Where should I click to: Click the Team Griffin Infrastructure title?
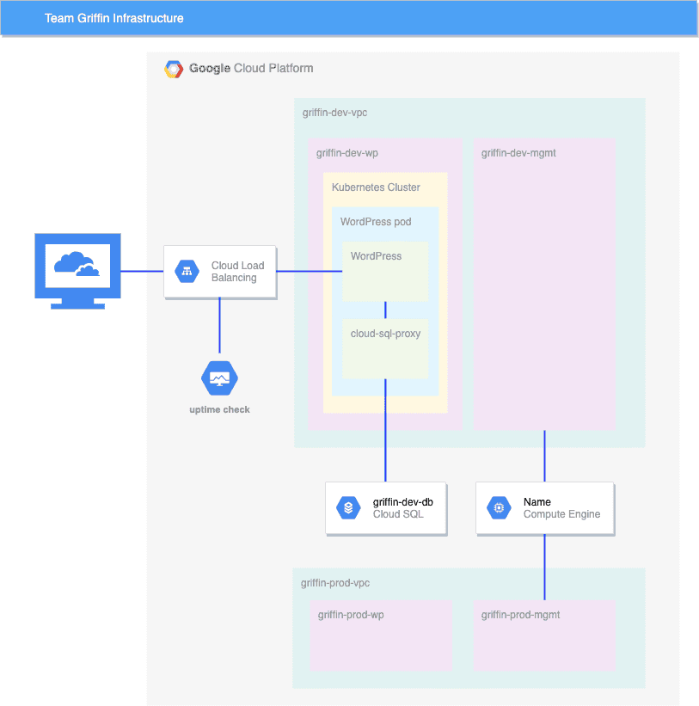tap(113, 18)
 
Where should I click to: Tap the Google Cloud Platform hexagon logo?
tap(174, 69)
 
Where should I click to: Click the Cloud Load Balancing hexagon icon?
tap(187, 272)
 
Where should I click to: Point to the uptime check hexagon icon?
tap(219, 378)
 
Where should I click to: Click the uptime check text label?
tap(219, 409)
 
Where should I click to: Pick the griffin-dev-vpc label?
tap(335, 113)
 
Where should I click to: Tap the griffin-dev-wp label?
tap(347, 153)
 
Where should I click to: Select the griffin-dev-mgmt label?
tap(518, 153)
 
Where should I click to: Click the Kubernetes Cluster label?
tap(376, 187)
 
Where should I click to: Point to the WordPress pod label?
tap(376, 222)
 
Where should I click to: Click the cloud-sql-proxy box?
tap(385, 349)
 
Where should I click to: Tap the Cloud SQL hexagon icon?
tap(348, 508)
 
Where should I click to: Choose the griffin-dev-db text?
tap(402, 501)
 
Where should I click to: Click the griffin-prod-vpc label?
tap(335, 583)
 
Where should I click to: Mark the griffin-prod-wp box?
tap(381, 636)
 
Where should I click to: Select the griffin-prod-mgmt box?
tap(544, 636)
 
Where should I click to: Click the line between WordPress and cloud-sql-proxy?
tap(385, 310)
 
